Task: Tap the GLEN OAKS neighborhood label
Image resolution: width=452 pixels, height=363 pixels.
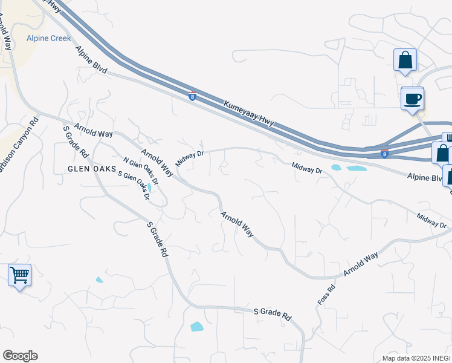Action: pyautogui.click(x=91, y=169)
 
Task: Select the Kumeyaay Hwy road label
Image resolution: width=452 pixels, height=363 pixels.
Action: pyautogui.click(x=250, y=113)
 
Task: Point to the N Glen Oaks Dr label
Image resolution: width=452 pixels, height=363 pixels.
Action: pyautogui.click(x=140, y=171)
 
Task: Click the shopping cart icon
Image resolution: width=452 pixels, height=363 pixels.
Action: pyautogui.click(x=19, y=275)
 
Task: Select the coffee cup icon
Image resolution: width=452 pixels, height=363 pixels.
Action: pyautogui.click(x=413, y=99)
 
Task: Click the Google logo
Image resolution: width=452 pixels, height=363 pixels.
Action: pyautogui.click(x=20, y=356)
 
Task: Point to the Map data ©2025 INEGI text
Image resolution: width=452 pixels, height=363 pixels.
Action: pyautogui.click(x=416, y=358)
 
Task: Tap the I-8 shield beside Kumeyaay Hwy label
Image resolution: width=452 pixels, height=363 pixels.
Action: pyautogui.click(x=192, y=96)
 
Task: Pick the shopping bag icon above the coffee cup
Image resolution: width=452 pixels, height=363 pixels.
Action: pyautogui.click(x=405, y=60)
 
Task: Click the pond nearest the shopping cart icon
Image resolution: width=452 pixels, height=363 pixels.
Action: pyautogui.click(x=99, y=280)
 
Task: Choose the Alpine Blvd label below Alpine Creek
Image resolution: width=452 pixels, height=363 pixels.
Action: pyautogui.click(x=91, y=62)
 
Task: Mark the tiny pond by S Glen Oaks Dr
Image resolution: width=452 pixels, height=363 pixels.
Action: pyautogui.click(x=149, y=187)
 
